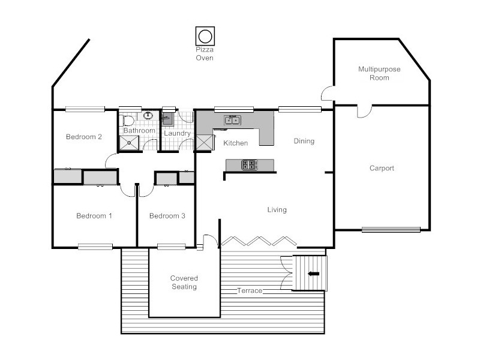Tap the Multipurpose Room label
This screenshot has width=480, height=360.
379,73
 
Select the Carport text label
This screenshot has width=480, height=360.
382,169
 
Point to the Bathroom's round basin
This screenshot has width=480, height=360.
148,116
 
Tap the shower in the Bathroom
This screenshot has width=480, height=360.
129,142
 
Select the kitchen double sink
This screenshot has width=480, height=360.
232,120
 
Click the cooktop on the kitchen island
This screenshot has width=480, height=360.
249,164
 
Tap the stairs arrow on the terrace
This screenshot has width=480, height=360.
313,274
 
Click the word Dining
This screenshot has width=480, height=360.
304,142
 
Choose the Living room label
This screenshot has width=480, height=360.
277,210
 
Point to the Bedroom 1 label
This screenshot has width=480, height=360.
94,216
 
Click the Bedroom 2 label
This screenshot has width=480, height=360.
83,137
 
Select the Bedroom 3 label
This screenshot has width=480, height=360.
167,216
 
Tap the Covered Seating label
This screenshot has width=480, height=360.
184,283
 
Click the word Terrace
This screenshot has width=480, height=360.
249,291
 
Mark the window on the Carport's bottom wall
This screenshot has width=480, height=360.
391,229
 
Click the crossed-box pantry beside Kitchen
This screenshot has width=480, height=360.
205,143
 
